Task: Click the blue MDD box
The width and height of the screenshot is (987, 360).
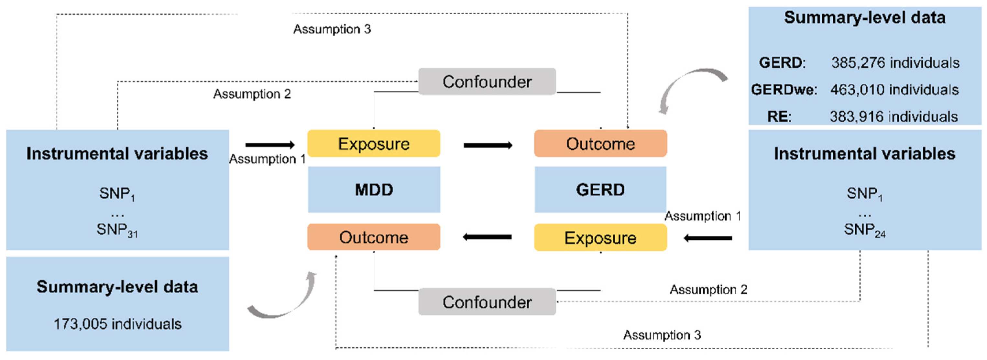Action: pyautogui.click(x=374, y=190)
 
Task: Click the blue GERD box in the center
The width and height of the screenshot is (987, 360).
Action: pyautogui.click(x=600, y=190)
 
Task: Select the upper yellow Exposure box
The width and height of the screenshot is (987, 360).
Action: pyautogui.click(x=374, y=144)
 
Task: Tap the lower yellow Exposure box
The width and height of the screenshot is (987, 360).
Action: pyautogui.click(x=600, y=238)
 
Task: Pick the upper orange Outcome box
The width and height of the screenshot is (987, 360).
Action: pyautogui.click(x=600, y=144)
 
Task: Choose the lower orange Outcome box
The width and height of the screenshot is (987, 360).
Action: pyautogui.click(x=374, y=237)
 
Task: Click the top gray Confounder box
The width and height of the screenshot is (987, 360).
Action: pyautogui.click(x=487, y=82)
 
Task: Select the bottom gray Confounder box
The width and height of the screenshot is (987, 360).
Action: pyautogui.click(x=487, y=302)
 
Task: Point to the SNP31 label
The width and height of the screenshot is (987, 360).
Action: pyautogui.click(x=117, y=230)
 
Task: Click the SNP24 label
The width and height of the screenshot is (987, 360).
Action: pyautogui.click(x=864, y=230)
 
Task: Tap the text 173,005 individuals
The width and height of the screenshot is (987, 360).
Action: pyautogui.click(x=117, y=324)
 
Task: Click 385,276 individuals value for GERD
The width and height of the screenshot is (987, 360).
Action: pyautogui.click(x=895, y=62)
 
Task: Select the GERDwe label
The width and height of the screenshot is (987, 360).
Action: pyautogui.click(x=784, y=90)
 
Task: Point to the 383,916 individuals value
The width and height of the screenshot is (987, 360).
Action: pyautogui.click(x=894, y=116)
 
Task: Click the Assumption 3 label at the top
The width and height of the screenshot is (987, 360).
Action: pyautogui.click(x=332, y=29)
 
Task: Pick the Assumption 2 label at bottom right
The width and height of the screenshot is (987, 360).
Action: pyautogui.click(x=708, y=289)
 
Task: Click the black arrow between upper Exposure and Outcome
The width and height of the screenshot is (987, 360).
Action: pyautogui.click(x=488, y=145)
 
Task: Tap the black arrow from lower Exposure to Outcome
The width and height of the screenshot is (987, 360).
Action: pyautogui.click(x=488, y=237)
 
